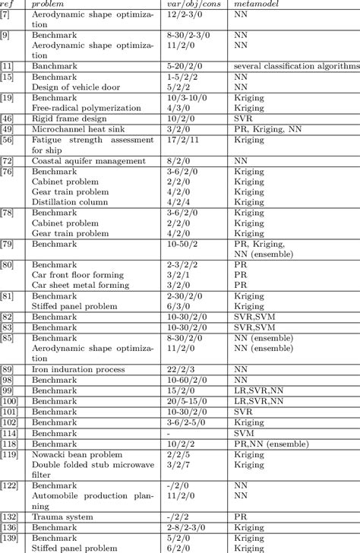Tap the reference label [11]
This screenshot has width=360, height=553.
point(8,67)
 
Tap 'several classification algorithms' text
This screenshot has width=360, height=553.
point(297,67)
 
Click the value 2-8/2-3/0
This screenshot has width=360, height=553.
point(185,548)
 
